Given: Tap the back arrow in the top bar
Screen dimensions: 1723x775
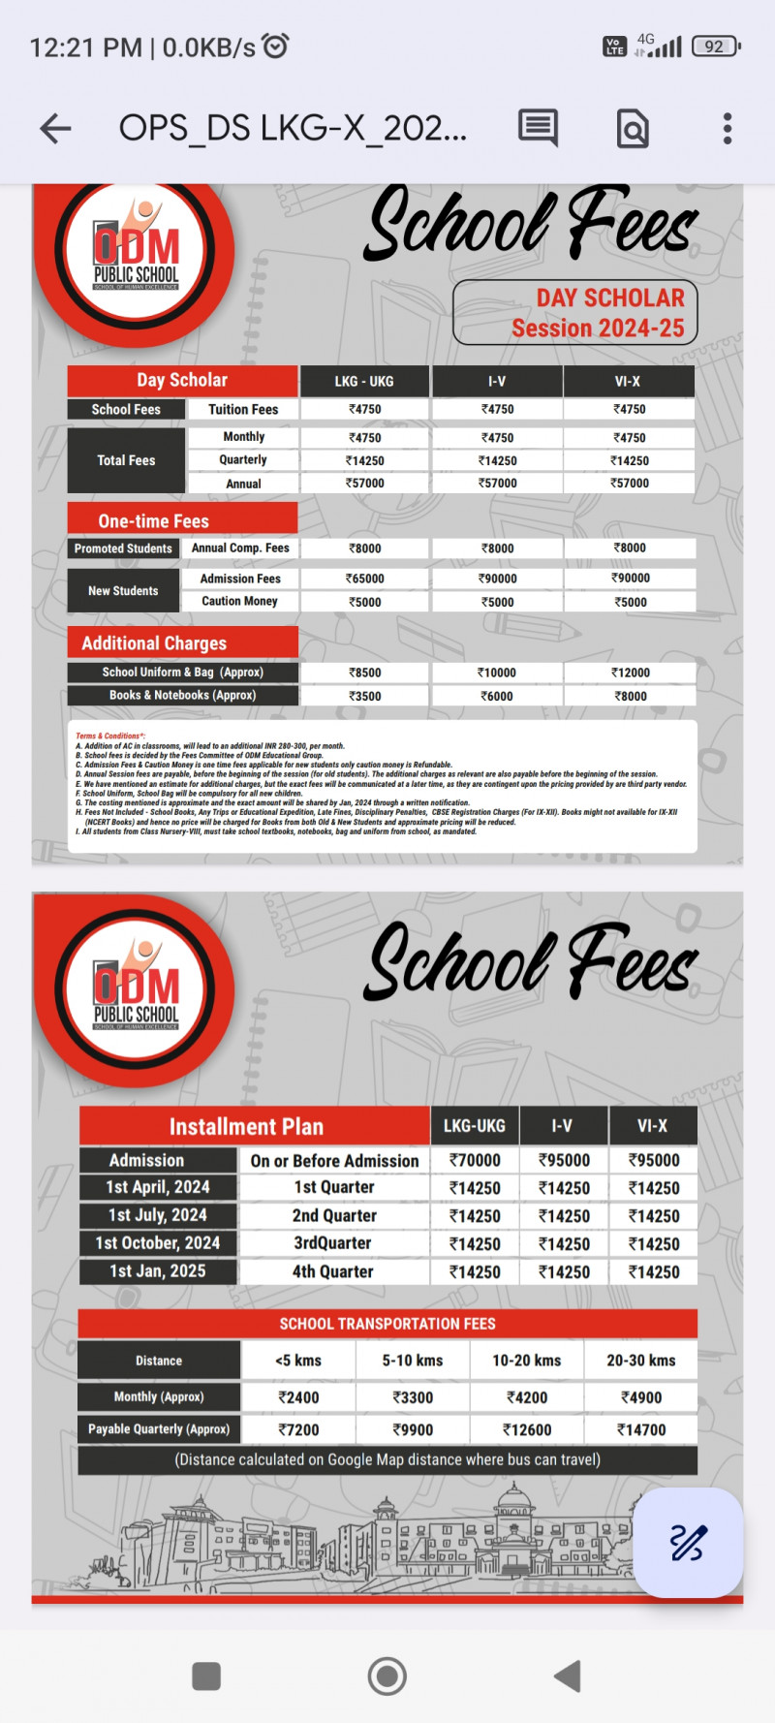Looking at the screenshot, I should pyautogui.click(x=56, y=128).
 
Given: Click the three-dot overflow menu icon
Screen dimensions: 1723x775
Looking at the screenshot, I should pyautogui.click(x=727, y=128).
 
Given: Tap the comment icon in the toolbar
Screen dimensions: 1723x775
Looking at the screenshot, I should pyautogui.click(x=538, y=128).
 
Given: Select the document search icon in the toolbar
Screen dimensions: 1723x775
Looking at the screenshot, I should pyautogui.click(x=633, y=128).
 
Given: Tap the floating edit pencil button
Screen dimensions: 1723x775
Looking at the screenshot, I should pyautogui.click(x=687, y=1542).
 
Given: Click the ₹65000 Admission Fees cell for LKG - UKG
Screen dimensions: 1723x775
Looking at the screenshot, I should pyautogui.click(x=365, y=579).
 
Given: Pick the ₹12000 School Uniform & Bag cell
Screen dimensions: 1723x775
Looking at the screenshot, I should pyautogui.click(x=630, y=673).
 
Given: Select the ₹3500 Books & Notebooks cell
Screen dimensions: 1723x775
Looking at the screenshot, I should pyautogui.click(x=365, y=696).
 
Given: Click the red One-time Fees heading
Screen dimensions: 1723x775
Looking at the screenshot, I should pyautogui.click(x=182, y=520).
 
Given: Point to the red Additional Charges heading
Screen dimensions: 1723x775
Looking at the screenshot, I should pyautogui.click(x=182, y=642).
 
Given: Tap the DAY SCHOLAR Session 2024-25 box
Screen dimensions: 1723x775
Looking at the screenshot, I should pyautogui.click(x=575, y=312).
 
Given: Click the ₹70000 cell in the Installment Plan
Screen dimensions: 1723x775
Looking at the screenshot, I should pyautogui.click(x=475, y=1160).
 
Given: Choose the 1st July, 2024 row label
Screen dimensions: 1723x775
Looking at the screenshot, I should pyautogui.click(x=158, y=1215).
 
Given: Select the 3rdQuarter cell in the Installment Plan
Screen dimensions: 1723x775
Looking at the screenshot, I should pyautogui.click(x=333, y=1243).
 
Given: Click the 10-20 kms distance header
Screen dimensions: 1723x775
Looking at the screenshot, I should pyautogui.click(x=526, y=1361).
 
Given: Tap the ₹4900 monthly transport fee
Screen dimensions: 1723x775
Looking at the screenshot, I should pyautogui.click(x=640, y=1397).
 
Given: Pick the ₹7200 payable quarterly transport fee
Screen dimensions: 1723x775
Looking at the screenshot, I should pyautogui.click(x=298, y=1429).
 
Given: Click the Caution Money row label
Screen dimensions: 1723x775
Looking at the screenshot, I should pyautogui.click(x=239, y=602).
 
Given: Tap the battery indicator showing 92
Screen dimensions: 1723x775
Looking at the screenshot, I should pyautogui.click(x=716, y=47).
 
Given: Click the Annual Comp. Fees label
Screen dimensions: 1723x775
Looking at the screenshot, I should pyautogui.click(x=240, y=548).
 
